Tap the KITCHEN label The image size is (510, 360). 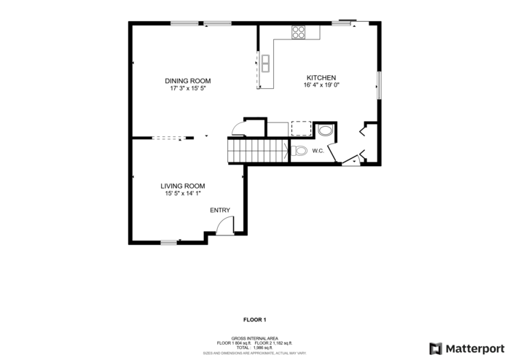click(321, 77)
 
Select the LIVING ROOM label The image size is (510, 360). click(182, 186)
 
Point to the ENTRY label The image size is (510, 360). click(220, 211)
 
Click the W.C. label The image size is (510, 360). click(318, 152)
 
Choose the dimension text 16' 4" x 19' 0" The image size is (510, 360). click(321, 85)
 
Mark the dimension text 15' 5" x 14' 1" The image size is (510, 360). click(182, 194)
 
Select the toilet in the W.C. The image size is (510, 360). click(299, 152)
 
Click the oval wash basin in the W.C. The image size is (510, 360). click(326, 131)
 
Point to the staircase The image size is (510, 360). click(256, 152)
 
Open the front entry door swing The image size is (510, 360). click(225, 226)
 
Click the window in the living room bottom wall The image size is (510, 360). click(169, 242)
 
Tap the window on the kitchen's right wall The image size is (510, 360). click(378, 85)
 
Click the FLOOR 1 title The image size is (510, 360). click(254, 319)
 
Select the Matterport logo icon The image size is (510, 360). click(436, 348)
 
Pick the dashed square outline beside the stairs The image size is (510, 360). click(301, 129)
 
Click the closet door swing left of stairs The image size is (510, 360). click(238, 130)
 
